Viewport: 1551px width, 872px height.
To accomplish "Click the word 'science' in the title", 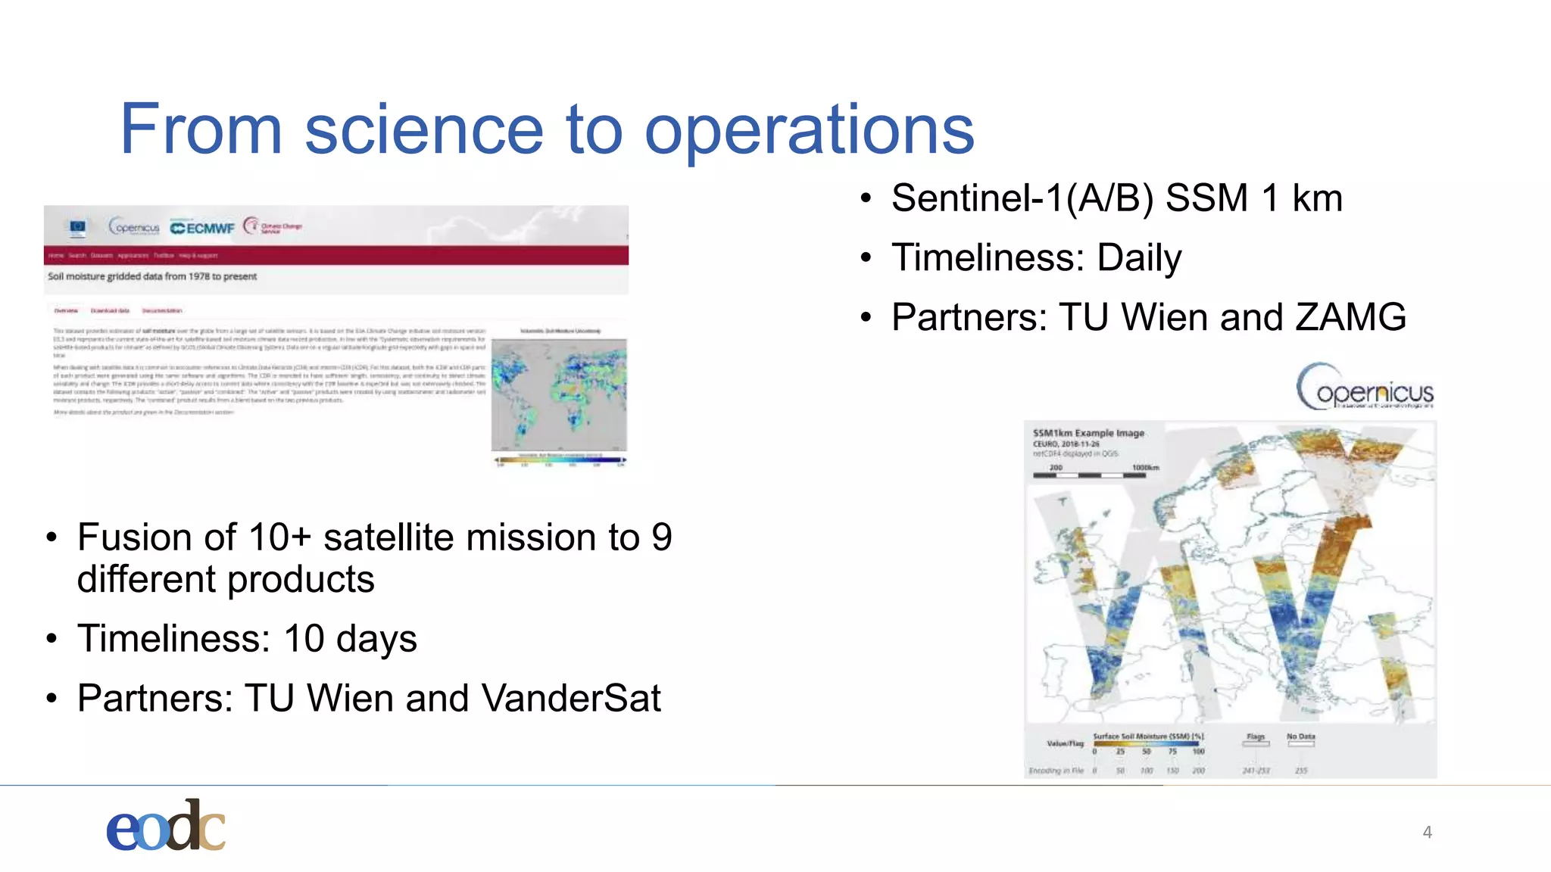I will (424, 130).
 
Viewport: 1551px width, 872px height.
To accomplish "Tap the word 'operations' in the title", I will (809, 130).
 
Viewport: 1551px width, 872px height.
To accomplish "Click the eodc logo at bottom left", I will (166, 827).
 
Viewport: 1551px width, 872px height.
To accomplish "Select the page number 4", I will (1427, 833).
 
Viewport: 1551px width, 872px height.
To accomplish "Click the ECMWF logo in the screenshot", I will (202, 228).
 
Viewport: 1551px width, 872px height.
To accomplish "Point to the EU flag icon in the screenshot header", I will (77, 226).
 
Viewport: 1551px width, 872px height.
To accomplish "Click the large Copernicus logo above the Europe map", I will (1365, 388).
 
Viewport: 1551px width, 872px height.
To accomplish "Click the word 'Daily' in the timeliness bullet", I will (1139, 258).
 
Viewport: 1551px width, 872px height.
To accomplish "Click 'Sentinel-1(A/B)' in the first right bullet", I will (1022, 198).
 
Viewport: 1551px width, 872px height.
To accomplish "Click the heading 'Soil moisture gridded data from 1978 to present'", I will (152, 276).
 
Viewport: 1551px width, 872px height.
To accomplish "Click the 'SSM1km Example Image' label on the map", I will (1088, 433).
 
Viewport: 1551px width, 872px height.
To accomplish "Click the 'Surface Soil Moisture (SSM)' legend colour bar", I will (1146, 744).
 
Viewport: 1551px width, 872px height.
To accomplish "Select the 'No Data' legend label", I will (1300, 736).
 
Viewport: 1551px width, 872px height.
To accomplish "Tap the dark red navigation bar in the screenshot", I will (336, 255).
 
